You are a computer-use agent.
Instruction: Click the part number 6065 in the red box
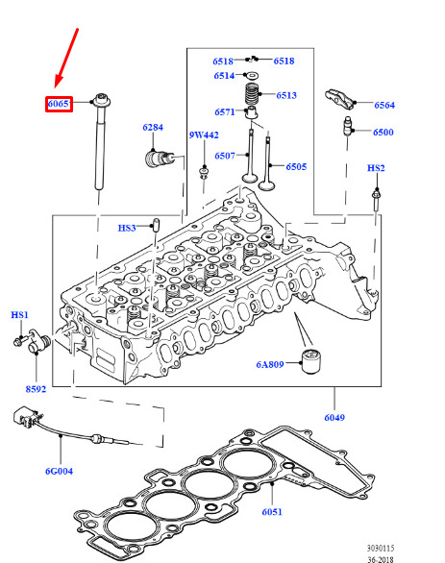59,104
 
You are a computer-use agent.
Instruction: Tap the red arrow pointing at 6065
66,58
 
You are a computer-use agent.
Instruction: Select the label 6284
153,128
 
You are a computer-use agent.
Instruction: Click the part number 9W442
204,135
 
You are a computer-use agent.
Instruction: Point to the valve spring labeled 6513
252,94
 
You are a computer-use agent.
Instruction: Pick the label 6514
224,76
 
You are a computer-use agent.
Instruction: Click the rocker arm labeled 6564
340,99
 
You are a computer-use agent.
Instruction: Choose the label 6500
383,133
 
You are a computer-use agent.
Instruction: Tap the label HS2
376,168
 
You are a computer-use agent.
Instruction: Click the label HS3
127,228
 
